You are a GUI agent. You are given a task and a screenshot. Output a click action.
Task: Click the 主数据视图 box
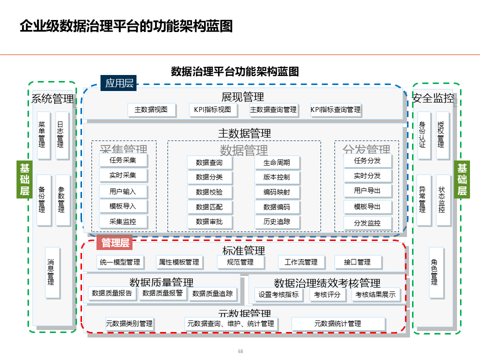tap(151, 109)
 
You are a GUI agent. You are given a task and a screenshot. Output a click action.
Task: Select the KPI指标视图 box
tap(212, 109)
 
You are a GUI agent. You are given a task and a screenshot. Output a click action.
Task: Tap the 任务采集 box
tap(122, 160)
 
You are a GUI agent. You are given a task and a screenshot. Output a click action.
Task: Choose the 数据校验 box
tap(209, 192)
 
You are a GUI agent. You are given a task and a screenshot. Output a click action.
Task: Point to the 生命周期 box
tap(276, 162)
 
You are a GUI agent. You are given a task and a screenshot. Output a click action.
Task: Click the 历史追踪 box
tap(276, 221)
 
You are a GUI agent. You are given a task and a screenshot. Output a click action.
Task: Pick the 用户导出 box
tap(367, 190)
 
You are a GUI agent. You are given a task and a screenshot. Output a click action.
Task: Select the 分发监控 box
tap(367, 223)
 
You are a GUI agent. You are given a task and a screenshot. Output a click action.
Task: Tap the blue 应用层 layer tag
tap(119, 83)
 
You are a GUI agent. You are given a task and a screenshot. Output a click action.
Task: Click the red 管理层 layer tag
tap(115, 243)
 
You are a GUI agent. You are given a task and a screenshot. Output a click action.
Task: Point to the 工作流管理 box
tap(301, 262)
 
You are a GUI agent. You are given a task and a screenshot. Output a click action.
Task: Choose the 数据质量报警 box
tap(162, 293)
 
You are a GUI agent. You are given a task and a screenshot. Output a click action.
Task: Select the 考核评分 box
tap(327, 294)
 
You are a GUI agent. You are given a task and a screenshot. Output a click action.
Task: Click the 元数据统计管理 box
tap(337, 323)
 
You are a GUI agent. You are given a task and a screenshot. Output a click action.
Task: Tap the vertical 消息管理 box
tap(50, 272)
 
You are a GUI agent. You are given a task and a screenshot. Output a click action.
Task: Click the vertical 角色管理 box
tap(434, 272)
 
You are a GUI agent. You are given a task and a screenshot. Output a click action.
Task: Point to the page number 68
tap(240, 351)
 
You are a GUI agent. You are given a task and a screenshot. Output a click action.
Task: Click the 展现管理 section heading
tap(242, 96)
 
